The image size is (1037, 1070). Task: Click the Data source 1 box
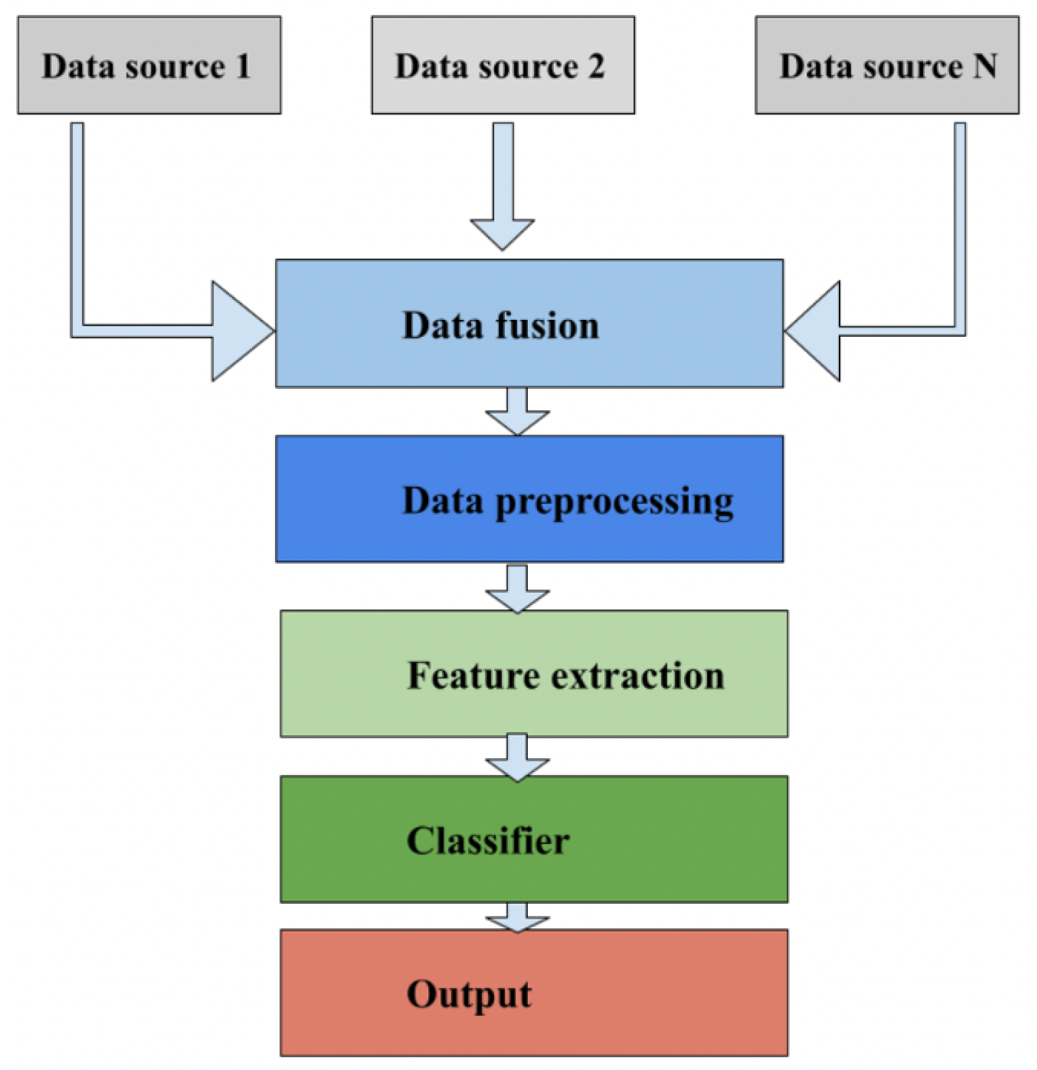tap(149, 65)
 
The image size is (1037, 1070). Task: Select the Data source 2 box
tap(503, 65)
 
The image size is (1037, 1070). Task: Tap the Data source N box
tap(886, 65)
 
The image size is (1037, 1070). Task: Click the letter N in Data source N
tap(984, 66)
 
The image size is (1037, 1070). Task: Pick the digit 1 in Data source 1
tap(243, 66)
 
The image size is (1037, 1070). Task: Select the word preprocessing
tap(614, 502)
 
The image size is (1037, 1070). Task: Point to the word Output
tap(469, 994)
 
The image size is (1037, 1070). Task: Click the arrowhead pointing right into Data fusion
tap(240, 331)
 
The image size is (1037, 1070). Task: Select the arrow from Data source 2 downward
tap(503, 187)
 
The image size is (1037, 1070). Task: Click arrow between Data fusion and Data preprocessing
tap(517, 411)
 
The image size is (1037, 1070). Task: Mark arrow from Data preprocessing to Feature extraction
tap(517, 588)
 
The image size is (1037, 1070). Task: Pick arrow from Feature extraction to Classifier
tap(517, 757)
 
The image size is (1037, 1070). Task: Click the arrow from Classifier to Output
tap(517, 917)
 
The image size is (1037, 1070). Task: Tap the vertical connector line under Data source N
tap(960, 224)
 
